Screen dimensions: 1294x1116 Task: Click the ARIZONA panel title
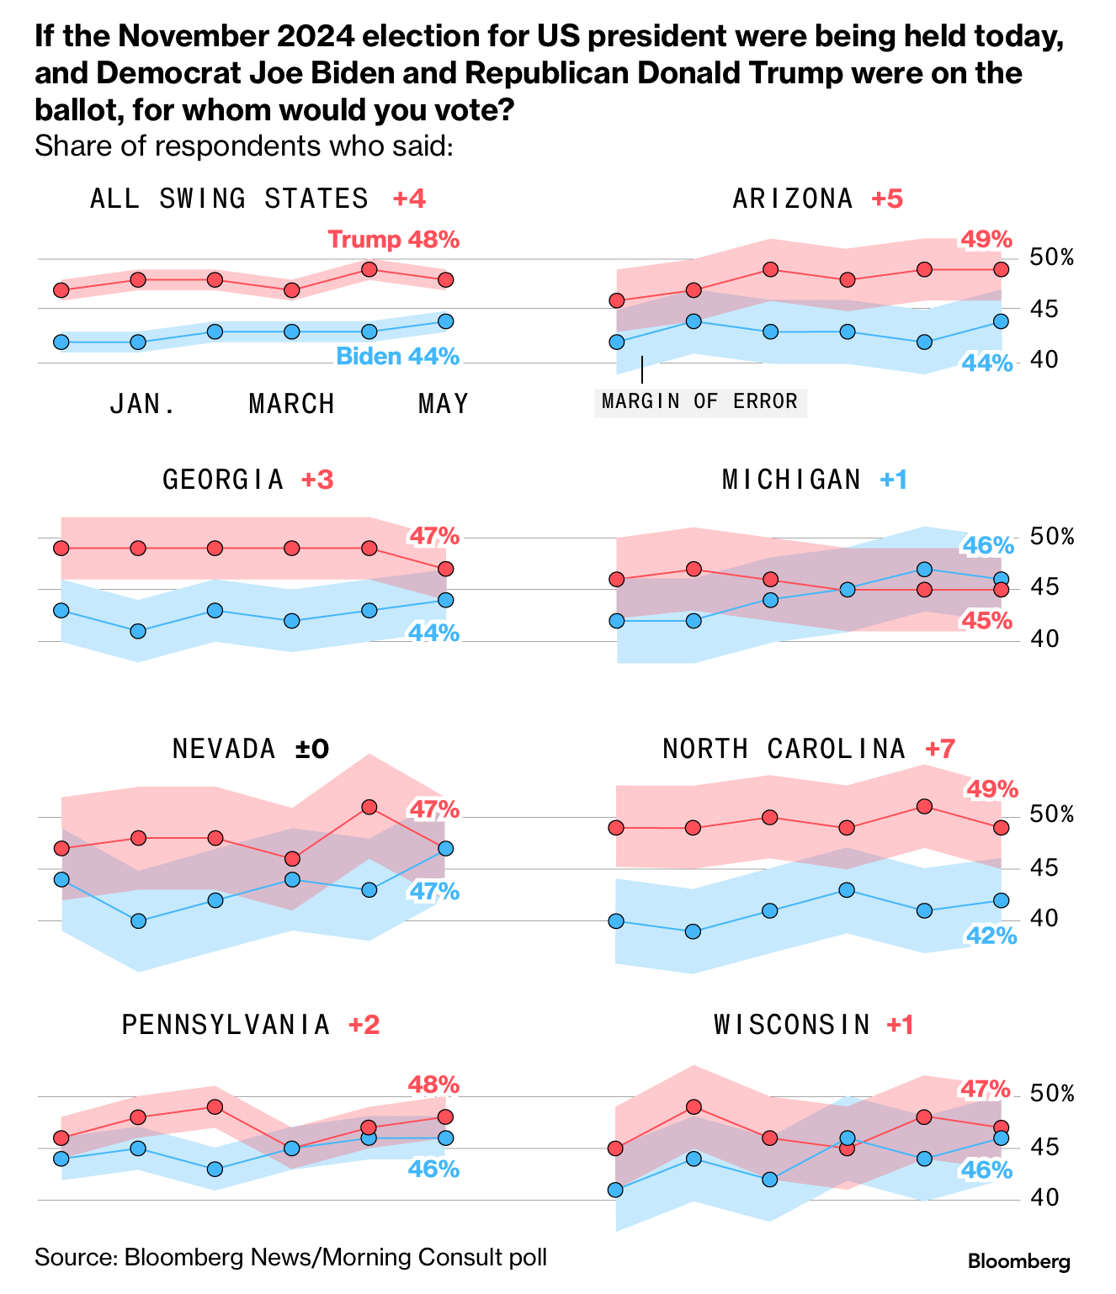(792, 199)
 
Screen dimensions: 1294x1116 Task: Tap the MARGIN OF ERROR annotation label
(700, 401)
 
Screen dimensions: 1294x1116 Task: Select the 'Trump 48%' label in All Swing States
(394, 240)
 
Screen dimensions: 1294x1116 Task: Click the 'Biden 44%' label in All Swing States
(397, 357)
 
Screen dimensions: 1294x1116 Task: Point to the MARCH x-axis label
(292, 405)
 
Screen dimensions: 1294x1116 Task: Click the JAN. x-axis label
(143, 405)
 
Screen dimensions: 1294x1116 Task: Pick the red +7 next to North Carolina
(940, 748)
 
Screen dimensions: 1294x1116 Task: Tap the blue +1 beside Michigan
(893, 480)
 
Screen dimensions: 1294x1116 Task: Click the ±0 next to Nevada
(312, 748)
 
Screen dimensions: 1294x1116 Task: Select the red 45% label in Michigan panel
(987, 621)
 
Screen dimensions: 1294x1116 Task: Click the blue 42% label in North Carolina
(991, 935)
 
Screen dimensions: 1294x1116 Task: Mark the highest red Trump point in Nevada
(369, 807)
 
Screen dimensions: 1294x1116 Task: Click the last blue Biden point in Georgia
(446, 600)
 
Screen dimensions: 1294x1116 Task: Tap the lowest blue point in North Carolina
(693, 931)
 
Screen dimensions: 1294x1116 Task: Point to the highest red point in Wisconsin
(694, 1107)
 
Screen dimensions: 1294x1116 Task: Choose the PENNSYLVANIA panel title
(226, 1025)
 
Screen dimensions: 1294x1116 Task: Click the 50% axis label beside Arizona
(1052, 257)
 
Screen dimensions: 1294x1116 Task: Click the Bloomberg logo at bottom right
(1018, 1262)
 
